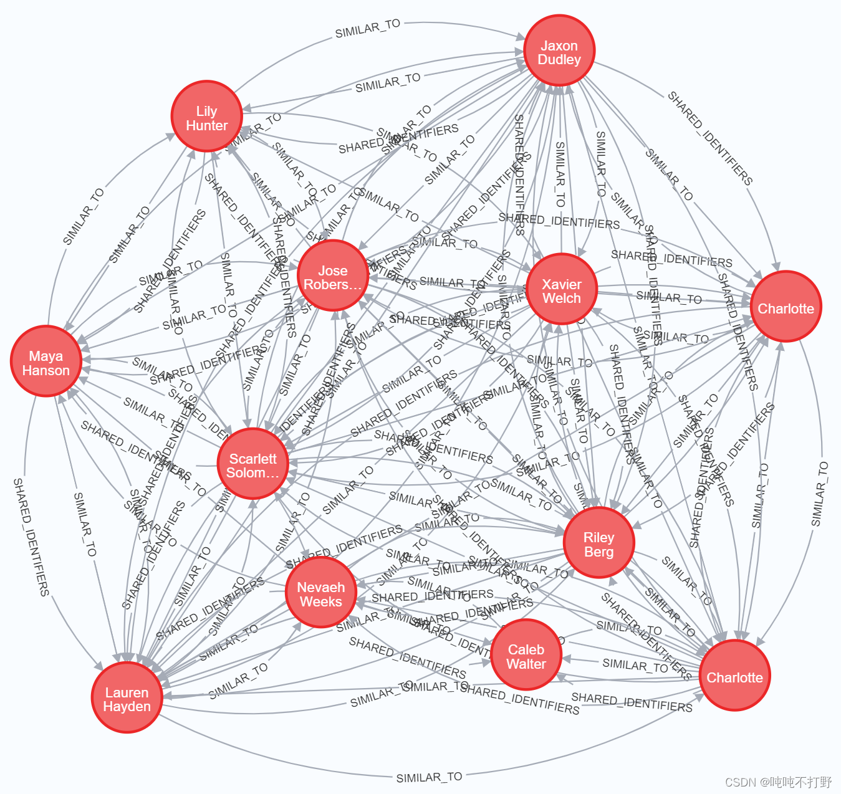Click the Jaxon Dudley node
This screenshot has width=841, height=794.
[x=559, y=50]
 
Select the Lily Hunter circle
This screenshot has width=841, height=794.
[x=207, y=117]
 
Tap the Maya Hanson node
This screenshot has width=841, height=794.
[x=46, y=361]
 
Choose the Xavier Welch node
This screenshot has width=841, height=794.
[x=562, y=289]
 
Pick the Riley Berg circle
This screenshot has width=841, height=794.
[x=598, y=543]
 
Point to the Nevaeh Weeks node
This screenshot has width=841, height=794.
[x=320, y=593]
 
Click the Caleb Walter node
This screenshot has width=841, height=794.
[x=526, y=655]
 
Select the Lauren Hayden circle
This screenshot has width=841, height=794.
[x=127, y=697]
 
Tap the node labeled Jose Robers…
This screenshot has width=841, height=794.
[x=333, y=276]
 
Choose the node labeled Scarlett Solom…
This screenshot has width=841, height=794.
[x=252, y=464]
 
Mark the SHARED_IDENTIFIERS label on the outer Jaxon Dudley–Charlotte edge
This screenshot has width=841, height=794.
[x=710, y=138]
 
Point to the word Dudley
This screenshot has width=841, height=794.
[x=559, y=60]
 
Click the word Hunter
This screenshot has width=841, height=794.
[x=207, y=126]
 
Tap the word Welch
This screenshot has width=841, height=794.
[x=562, y=299]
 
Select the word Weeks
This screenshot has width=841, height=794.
[x=320, y=602]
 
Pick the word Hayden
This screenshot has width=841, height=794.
[x=127, y=707]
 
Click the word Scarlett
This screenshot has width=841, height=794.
[x=252, y=459]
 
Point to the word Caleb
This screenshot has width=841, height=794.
[x=526, y=649]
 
